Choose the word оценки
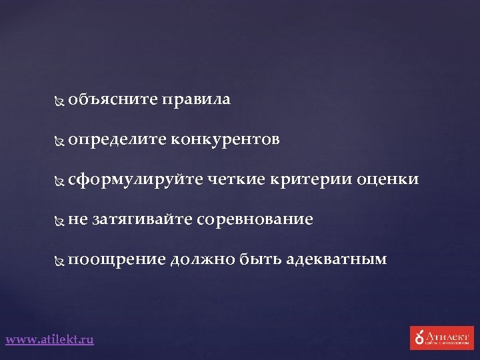pos(388,179)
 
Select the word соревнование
pos(255,219)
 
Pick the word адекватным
pos(336,259)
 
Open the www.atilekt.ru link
pos(50,339)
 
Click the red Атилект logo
pos(441,337)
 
